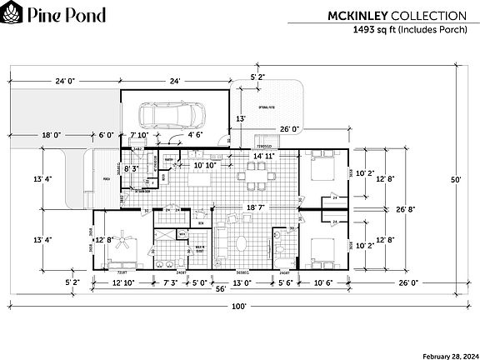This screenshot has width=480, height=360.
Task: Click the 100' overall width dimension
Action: click(239, 306)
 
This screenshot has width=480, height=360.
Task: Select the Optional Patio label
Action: click(267, 109)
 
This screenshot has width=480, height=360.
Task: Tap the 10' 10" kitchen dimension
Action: click(205, 165)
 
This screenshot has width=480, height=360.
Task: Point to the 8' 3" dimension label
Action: click(132, 169)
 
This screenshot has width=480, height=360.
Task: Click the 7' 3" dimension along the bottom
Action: click(172, 282)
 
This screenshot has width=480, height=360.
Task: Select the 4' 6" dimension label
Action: click(196, 133)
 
